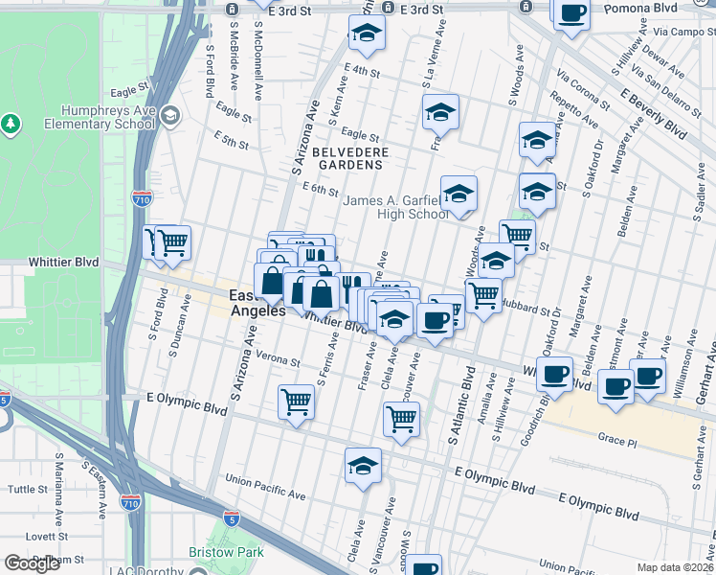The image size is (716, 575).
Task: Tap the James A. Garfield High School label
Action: tap(394, 207)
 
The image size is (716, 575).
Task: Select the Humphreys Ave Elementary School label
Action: tap(107, 117)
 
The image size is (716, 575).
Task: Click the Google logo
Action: tap(32, 563)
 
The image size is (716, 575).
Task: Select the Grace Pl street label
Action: tap(616, 442)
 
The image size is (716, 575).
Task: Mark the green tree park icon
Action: tap(11, 124)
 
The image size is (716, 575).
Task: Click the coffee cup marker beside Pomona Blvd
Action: tap(571, 13)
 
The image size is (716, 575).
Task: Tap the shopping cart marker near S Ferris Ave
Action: tap(296, 401)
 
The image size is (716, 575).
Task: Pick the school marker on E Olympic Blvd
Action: tap(363, 466)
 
